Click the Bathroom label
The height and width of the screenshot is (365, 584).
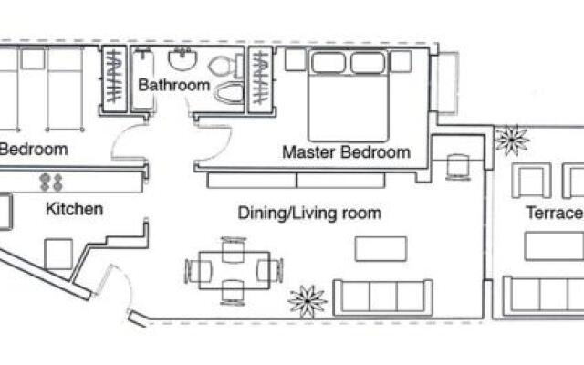coord(174,85)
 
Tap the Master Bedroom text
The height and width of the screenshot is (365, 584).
coord(347,152)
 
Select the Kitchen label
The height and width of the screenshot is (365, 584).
coord(75,209)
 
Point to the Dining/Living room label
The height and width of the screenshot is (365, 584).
coord(309,213)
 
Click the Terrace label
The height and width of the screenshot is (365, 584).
coord(555,213)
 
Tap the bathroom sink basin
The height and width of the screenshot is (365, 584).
coord(182,59)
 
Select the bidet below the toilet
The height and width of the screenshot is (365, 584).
coord(229,92)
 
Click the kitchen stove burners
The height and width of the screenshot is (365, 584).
coord(51,182)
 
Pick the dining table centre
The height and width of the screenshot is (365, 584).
coord(235,270)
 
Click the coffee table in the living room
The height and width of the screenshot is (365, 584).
coord(381,249)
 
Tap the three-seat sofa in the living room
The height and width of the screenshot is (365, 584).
coord(383,297)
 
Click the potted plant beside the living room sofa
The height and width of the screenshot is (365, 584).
coord(308,301)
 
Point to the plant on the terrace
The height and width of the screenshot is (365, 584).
coord(512,140)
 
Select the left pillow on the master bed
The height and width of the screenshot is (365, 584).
coord(328,62)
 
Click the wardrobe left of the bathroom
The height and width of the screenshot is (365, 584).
coord(114,78)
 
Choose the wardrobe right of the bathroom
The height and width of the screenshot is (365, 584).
coord(260,79)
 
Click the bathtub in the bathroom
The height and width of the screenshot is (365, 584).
coord(143,78)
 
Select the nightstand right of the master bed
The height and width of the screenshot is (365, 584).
coord(401,61)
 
